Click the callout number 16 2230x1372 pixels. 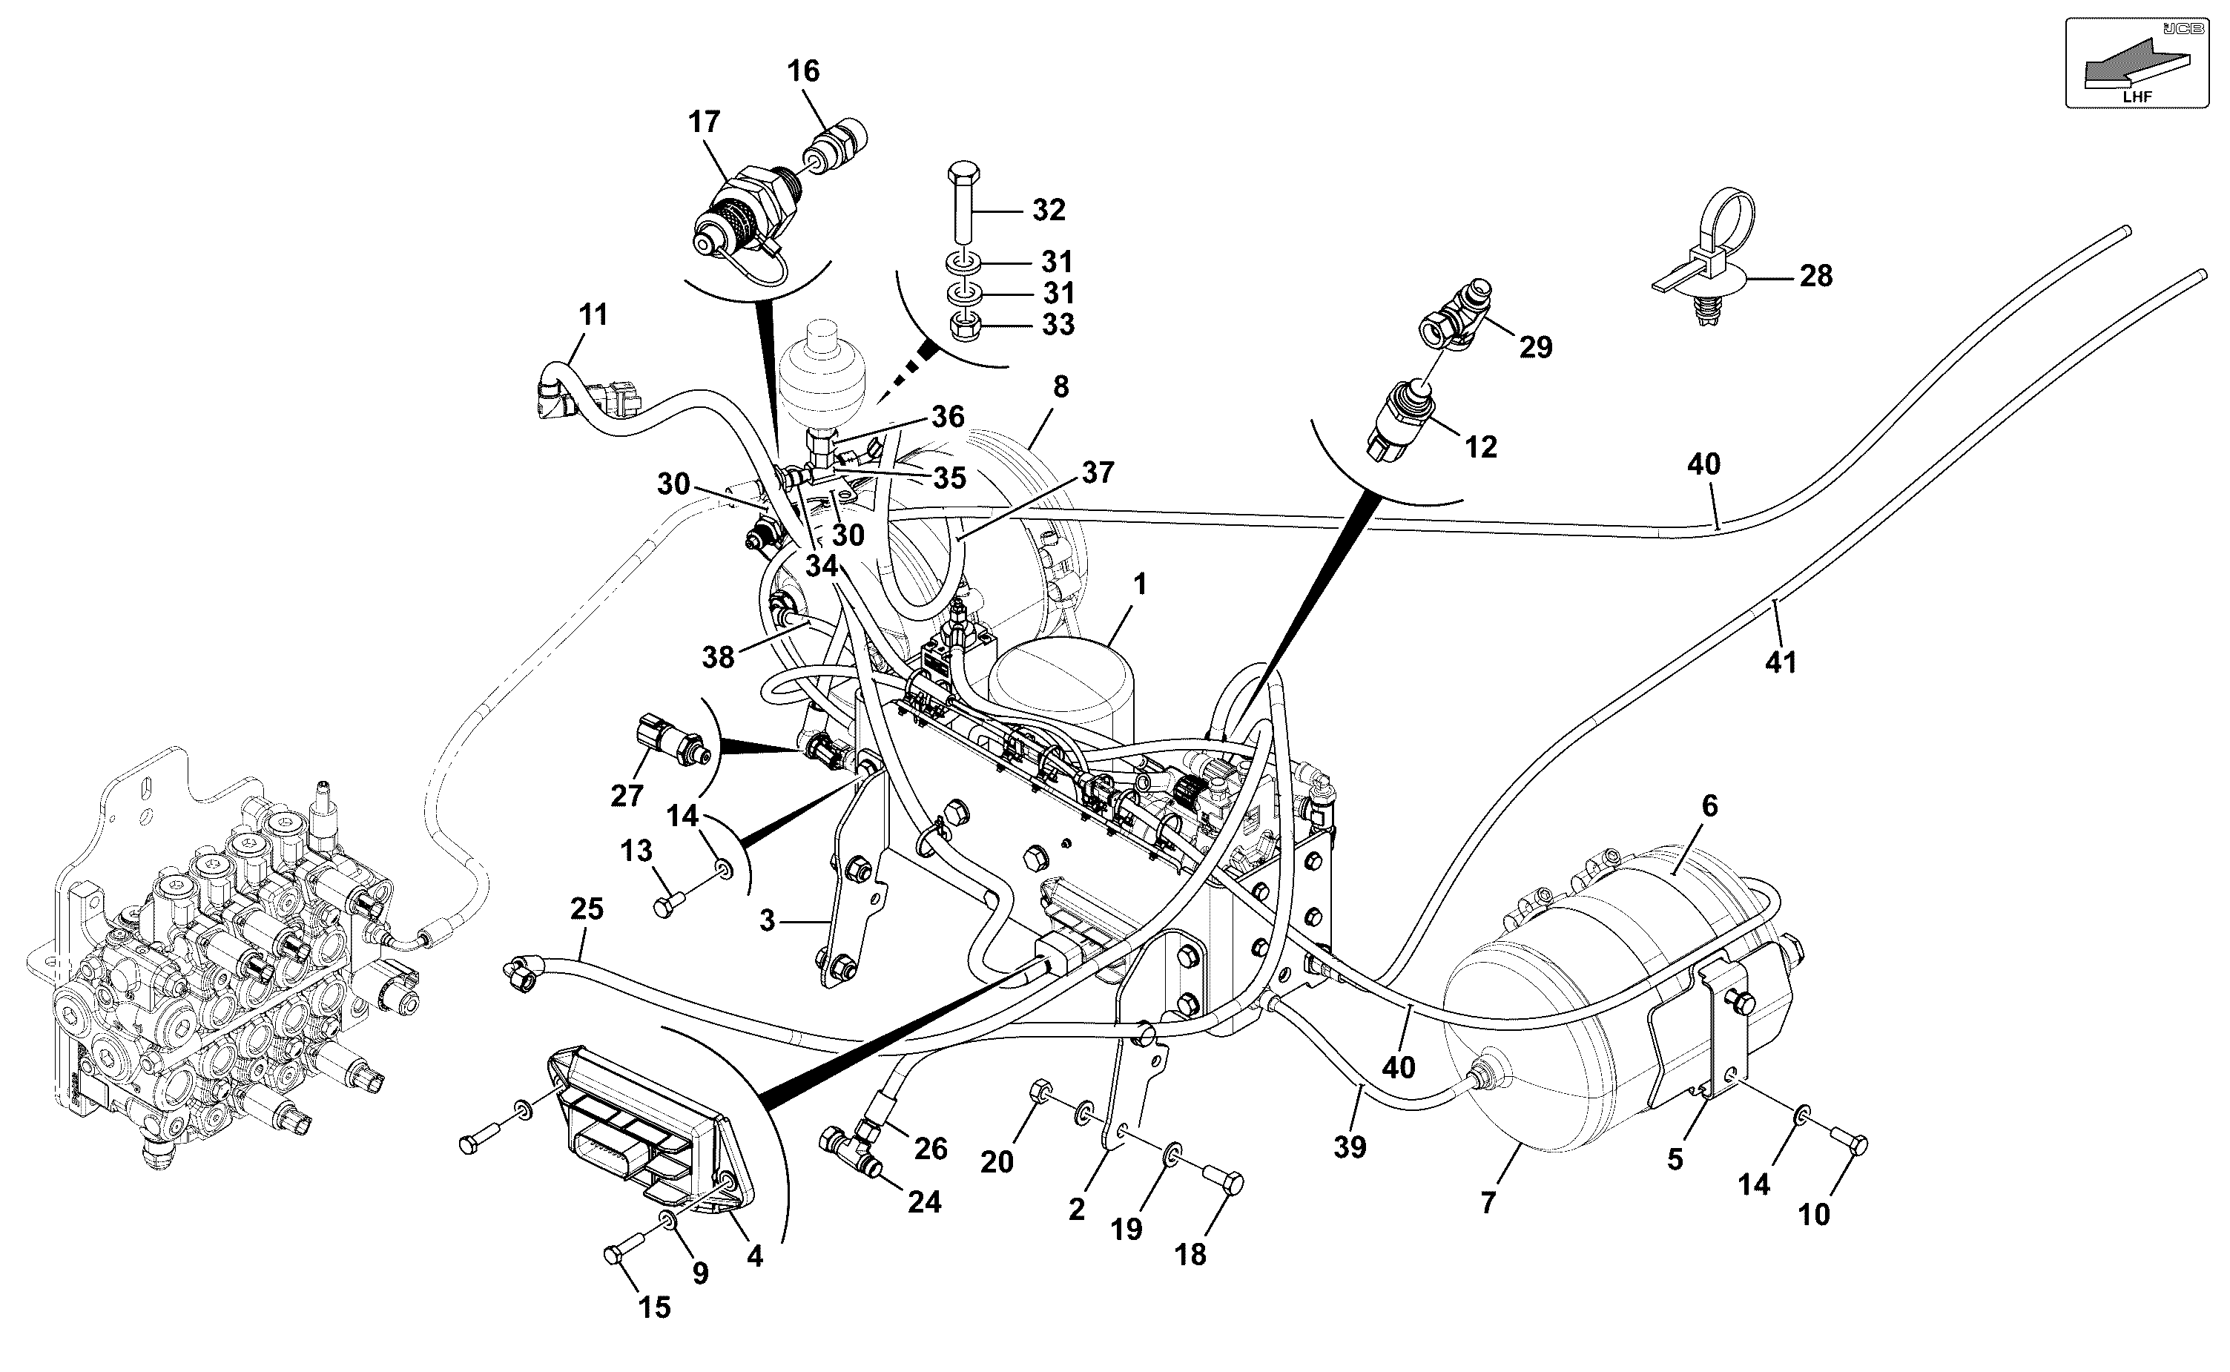coord(803,70)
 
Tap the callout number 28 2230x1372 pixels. coord(1815,276)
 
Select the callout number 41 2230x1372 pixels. coord(1780,662)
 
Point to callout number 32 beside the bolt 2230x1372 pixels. coord(1049,211)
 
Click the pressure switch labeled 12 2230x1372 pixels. coord(1402,418)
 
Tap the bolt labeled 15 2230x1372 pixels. coord(628,1247)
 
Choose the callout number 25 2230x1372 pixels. coord(587,909)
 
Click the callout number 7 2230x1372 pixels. coord(1487,1203)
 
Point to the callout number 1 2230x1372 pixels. coord(1141,584)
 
